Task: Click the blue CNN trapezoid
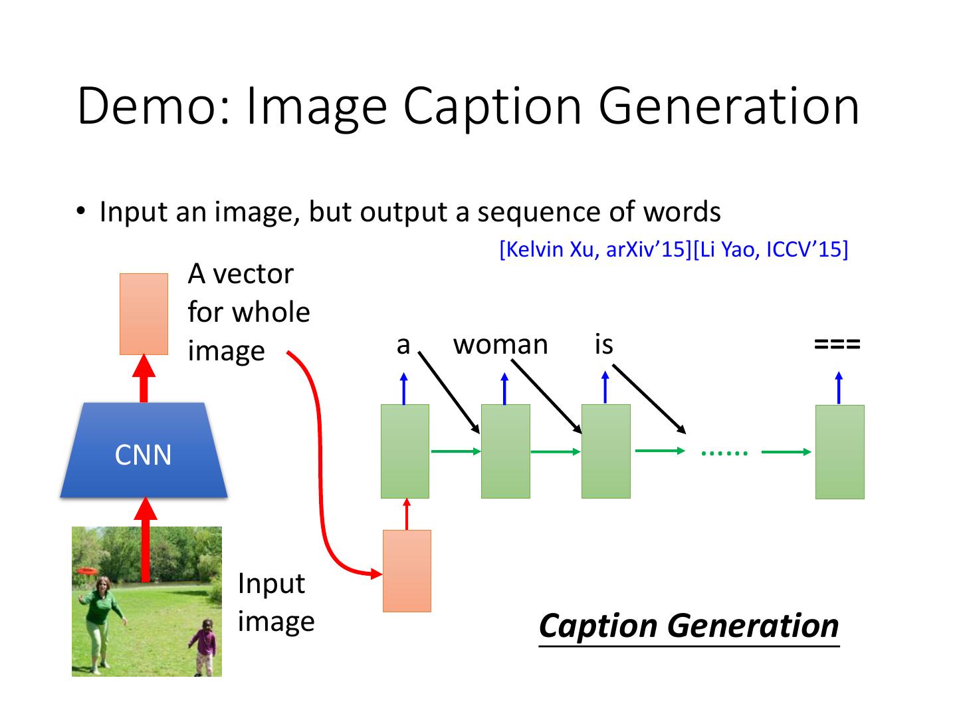[x=144, y=449]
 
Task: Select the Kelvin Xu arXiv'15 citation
[x=595, y=250]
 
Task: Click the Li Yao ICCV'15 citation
[x=770, y=250]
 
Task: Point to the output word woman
[x=500, y=345]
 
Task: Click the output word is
[x=604, y=344]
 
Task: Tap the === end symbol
[x=837, y=344]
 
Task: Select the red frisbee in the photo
[x=87, y=570]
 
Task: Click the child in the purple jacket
[x=204, y=646]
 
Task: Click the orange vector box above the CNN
[x=144, y=314]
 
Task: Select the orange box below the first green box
[x=407, y=571]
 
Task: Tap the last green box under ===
[x=840, y=451]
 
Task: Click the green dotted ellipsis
[x=724, y=453]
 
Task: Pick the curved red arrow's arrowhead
[x=376, y=574]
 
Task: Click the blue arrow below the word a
[x=403, y=388]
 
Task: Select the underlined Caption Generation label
[x=689, y=627]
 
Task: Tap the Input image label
[x=276, y=602]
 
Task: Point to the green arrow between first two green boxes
[x=456, y=451]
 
